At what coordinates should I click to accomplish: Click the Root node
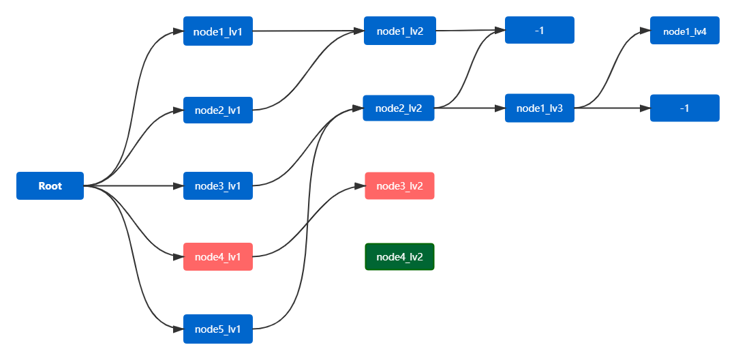[x=50, y=186]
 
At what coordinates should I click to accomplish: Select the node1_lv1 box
[x=218, y=31]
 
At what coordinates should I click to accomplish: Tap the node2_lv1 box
[x=218, y=110]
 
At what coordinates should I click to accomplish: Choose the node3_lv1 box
[x=218, y=186]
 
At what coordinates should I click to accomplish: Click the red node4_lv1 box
[x=218, y=257]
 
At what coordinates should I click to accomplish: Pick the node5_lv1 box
[x=218, y=329]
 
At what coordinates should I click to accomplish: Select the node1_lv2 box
[x=400, y=31]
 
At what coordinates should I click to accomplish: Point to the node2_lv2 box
[x=399, y=108]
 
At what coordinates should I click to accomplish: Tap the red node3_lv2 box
[x=400, y=186]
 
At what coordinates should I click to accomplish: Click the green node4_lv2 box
[x=400, y=257]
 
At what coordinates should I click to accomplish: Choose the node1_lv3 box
[x=540, y=108]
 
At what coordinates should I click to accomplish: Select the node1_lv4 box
[x=685, y=31]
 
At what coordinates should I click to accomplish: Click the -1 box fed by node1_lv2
[x=540, y=30]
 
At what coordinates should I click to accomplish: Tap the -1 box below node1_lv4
[x=685, y=108]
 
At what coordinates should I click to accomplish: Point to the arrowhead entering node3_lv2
[x=360, y=186]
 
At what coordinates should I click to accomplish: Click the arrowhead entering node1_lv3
[x=500, y=108]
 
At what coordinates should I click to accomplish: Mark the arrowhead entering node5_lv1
[x=178, y=329]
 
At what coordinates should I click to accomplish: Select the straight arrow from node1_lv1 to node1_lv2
[x=309, y=31]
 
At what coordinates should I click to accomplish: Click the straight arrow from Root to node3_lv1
[x=134, y=186]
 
